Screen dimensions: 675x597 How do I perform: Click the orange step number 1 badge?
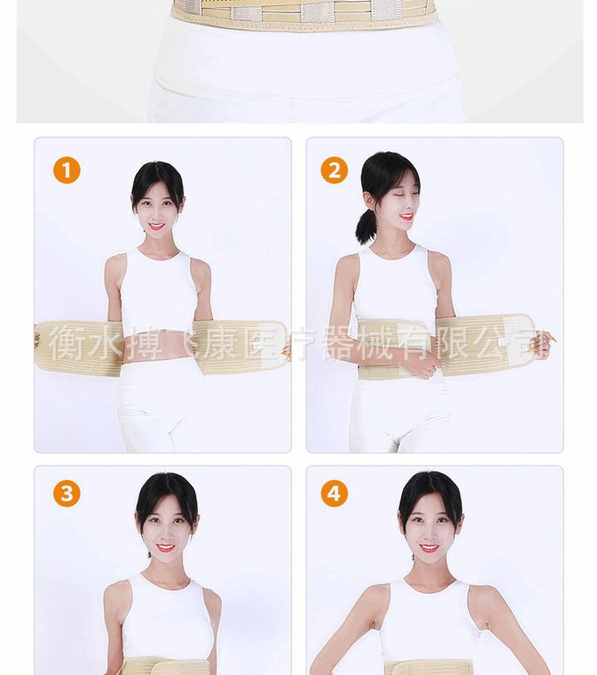[67, 170]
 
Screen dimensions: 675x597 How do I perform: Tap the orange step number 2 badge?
[334, 170]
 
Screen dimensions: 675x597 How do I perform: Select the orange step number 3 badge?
[67, 494]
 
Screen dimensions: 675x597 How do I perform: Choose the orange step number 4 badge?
[334, 494]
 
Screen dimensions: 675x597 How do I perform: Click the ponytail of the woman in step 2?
[367, 226]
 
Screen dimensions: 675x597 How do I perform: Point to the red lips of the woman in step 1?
[156, 226]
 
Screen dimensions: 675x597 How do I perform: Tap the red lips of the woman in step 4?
[429, 548]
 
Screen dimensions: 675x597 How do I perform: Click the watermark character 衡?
[67, 344]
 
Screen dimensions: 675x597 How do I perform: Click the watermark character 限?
[453, 344]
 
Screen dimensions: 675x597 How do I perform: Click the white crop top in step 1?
[159, 291]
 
